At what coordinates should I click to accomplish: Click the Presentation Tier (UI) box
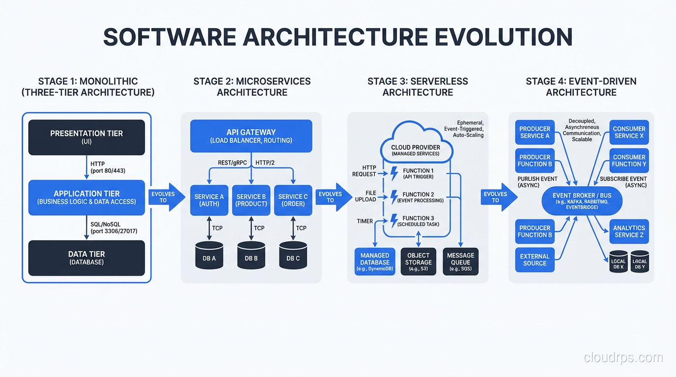(86, 137)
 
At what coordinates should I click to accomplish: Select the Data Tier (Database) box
(86, 258)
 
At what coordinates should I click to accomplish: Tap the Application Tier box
(86, 197)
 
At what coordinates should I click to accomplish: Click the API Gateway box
(251, 136)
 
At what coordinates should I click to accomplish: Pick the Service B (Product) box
(251, 200)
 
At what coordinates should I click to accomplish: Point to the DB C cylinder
(293, 255)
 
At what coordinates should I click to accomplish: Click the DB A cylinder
(209, 255)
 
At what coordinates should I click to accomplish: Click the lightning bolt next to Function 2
(394, 197)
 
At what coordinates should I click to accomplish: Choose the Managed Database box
(375, 262)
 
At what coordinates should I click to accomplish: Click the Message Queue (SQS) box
(460, 262)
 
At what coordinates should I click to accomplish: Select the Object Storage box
(418, 262)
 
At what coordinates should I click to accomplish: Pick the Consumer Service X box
(629, 133)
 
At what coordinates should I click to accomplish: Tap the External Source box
(535, 259)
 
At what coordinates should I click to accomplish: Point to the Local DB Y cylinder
(640, 262)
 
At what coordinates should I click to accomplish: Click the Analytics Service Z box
(629, 231)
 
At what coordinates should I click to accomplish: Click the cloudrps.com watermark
(623, 357)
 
